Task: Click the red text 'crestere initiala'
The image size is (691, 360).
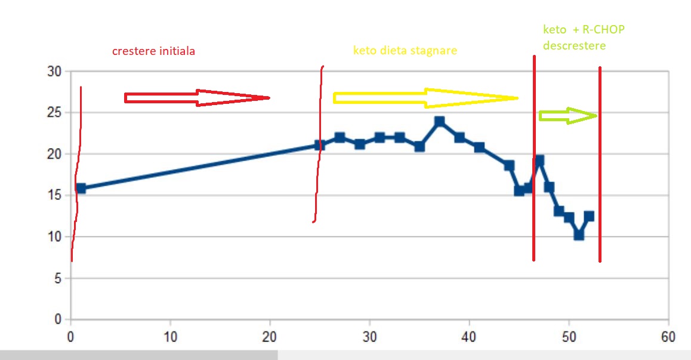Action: pyautogui.click(x=153, y=51)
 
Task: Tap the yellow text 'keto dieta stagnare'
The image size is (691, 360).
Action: pyautogui.click(x=405, y=51)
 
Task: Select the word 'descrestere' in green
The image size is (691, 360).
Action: pyautogui.click(x=574, y=45)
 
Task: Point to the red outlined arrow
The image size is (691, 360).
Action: pyautogui.click(x=197, y=98)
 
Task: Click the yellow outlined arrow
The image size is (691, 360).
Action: pyautogui.click(x=425, y=98)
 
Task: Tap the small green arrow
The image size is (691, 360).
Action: pyautogui.click(x=567, y=116)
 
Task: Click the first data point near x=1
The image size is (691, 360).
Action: pyautogui.click(x=81, y=188)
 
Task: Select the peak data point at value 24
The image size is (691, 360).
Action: pyautogui.click(x=440, y=121)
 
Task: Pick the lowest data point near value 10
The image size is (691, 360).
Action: pyautogui.click(x=579, y=235)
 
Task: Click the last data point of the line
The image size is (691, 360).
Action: pyautogui.click(x=589, y=216)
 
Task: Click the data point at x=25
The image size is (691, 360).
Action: pyautogui.click(x=320, y=146)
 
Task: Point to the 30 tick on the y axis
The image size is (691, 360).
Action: pyautogui.click(x=54, y=72)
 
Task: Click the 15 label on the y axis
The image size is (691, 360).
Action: pyautogui.click(x=54, y=195)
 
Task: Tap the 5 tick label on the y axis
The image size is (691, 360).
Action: pyautogui.click(x=58, y=278)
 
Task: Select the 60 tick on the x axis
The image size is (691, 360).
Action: pyautogui.click(x=668, y=337)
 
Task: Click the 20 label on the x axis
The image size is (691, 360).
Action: pyautogui.click(x=270, y=337)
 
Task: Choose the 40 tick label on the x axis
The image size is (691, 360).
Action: pyautogui.click(x=469, y=337)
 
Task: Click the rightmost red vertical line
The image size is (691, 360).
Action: pyautogui.click(x=600, y=164)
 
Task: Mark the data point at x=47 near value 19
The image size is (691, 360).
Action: pyautogui.click(x=539, y=160)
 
